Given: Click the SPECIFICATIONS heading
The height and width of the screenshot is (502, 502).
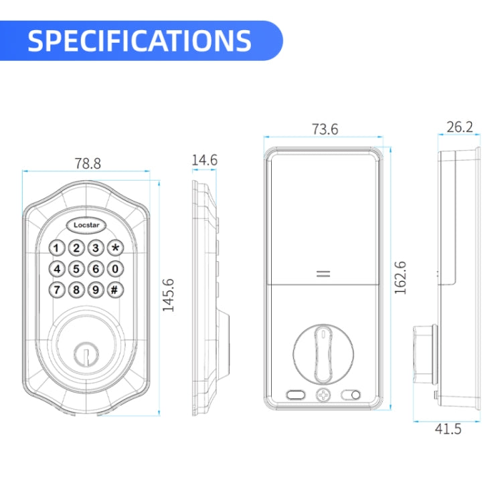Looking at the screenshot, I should point(139,41).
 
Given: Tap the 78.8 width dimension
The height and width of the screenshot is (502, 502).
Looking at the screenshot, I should point(88,163).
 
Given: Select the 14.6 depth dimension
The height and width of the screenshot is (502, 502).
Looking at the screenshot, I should point(204,160).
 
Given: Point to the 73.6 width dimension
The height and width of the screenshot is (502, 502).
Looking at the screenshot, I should point(325,129).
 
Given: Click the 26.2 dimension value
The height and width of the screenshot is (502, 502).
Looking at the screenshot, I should point(460,127).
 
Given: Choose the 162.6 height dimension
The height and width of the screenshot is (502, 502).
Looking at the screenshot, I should point(400,278).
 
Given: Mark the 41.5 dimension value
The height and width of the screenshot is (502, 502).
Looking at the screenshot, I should point(447,429).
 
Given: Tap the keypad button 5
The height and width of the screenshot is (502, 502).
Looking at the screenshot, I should point(77,269).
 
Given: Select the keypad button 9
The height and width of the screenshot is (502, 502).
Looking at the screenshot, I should point(96,290).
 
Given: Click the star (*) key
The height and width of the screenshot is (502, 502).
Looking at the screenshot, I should point(116,248).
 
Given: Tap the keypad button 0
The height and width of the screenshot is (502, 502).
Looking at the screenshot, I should point(116,269).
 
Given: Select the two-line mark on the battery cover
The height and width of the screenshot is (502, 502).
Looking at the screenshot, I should point(323,274).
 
